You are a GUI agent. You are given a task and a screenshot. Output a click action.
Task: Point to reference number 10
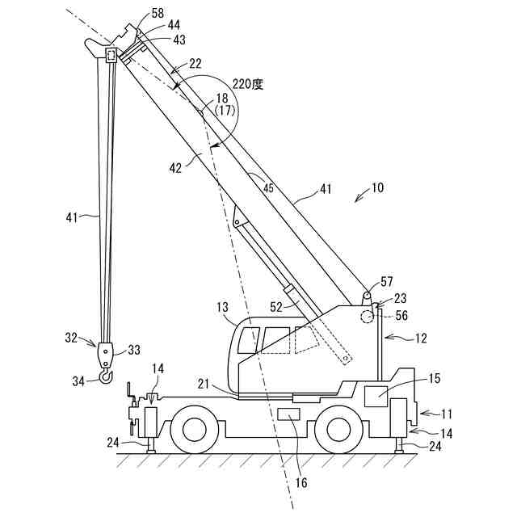pos(378,187)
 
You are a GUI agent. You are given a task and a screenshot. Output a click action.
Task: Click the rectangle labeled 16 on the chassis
pos(288,414)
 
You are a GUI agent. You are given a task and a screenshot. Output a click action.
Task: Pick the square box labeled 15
pos(376,397)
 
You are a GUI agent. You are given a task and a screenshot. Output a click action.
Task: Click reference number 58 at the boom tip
pos(157,14)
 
